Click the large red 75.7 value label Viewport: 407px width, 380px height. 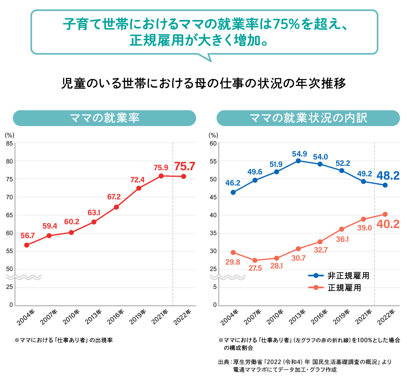185,166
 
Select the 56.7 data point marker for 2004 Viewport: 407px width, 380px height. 26,245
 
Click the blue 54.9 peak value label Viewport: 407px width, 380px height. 299,154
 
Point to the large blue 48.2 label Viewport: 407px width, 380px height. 388,176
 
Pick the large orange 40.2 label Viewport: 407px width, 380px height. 388,224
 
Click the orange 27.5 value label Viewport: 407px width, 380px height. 255,268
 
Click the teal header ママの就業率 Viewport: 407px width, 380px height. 105,118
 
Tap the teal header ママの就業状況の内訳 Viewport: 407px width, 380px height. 308,118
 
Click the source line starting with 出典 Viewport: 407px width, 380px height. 305,362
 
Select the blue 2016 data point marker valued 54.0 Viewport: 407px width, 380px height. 320,164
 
